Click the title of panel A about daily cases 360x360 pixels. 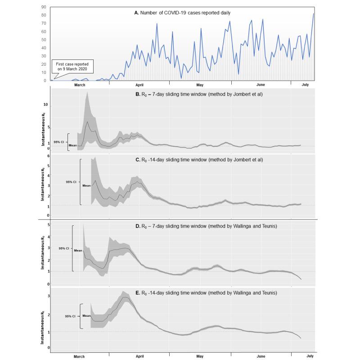(182, 13)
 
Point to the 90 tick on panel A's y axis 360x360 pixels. (44, 7)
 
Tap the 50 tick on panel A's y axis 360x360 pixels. (44, 40)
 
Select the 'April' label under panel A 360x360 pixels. (139, 85)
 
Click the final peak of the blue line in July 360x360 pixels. (314, 14)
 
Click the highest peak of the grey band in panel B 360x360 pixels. (87, 91)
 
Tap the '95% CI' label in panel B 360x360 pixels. (58, 142)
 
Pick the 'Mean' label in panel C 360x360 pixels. (86, 185)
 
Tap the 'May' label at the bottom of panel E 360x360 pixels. (200, 356)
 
